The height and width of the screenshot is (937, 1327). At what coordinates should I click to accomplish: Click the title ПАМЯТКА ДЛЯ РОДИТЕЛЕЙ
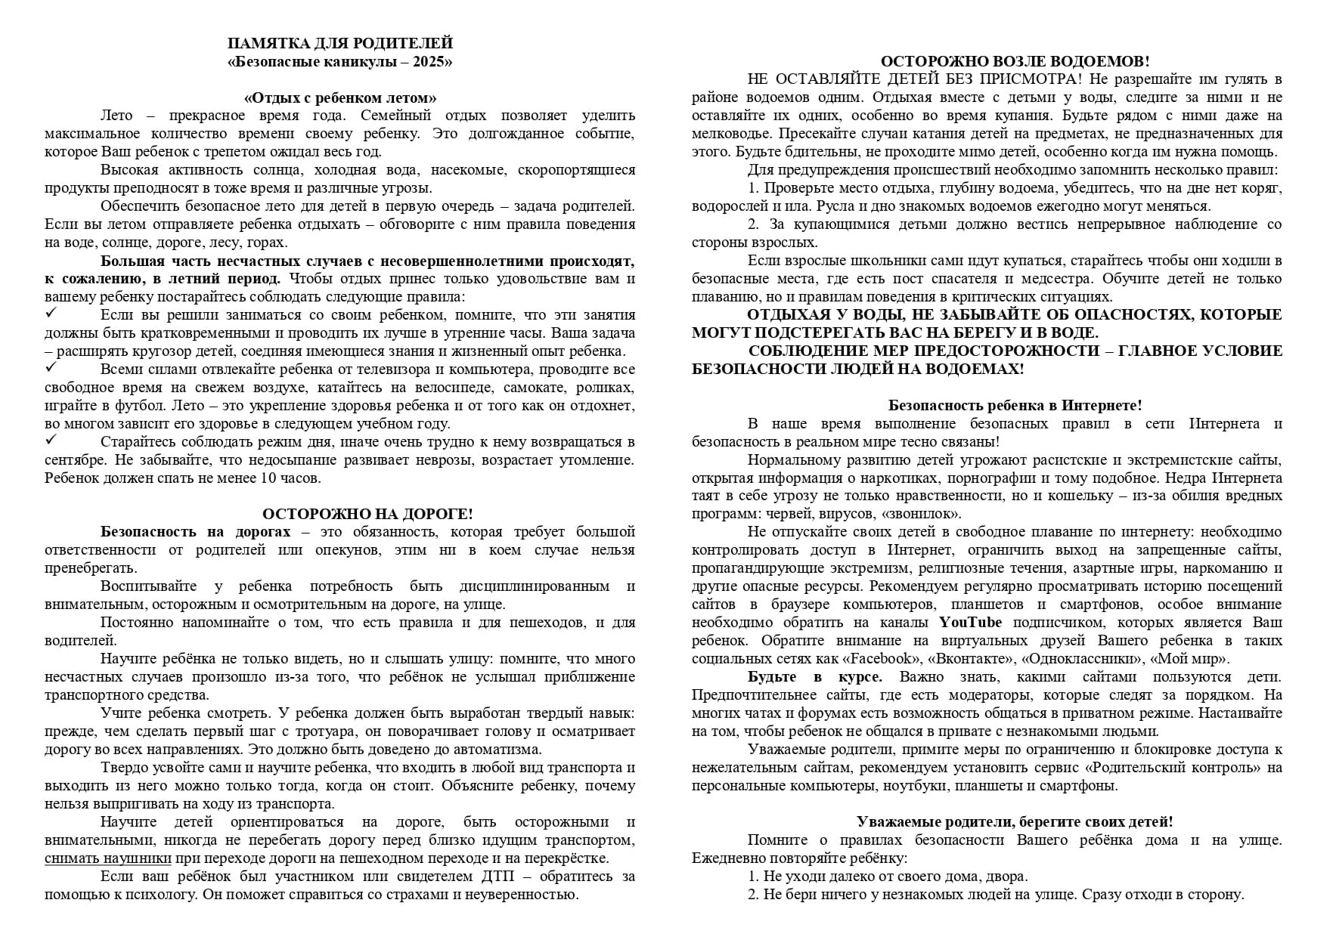(x=340, y=43)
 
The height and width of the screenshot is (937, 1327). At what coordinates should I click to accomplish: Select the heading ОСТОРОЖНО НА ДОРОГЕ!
(x=367, y=514)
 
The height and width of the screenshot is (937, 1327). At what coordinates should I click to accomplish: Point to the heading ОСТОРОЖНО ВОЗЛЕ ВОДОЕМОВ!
(x=1015, y=61)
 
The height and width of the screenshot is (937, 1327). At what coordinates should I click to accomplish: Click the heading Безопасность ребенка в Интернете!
(x=1015, y=406)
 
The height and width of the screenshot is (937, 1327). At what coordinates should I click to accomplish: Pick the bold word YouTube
(x=970, y=623)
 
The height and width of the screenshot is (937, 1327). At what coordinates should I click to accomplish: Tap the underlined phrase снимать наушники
(x=108, y=858)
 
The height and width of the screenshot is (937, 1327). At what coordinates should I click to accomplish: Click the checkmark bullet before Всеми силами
(x=51, y=367)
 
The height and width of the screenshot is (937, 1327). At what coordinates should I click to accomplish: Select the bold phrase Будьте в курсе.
(x=814, y=677)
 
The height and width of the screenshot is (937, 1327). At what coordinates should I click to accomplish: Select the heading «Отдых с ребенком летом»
(x=340, y=98)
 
